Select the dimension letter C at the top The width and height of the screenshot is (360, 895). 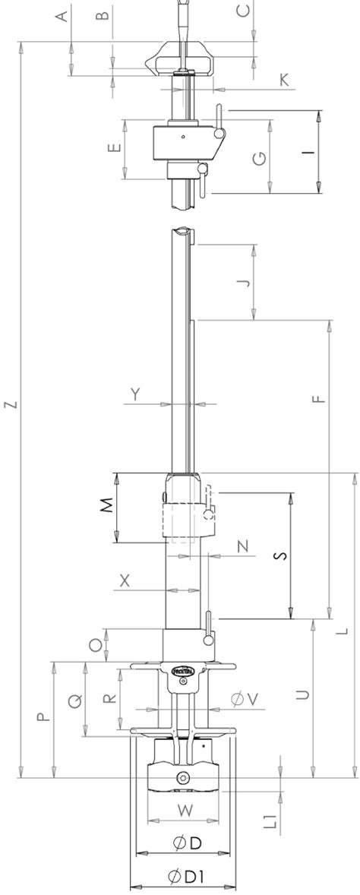243,11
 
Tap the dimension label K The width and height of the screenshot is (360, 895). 284,80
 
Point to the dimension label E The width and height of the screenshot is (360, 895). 115,148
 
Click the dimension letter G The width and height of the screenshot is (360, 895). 259,159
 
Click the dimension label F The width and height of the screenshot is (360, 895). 318,396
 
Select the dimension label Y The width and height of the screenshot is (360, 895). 136,394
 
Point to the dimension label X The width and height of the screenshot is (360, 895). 125,580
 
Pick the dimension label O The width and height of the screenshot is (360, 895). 95,645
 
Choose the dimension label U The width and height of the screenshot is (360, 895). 302,694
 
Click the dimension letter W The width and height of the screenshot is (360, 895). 185,811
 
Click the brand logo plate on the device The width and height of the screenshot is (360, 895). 185,671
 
